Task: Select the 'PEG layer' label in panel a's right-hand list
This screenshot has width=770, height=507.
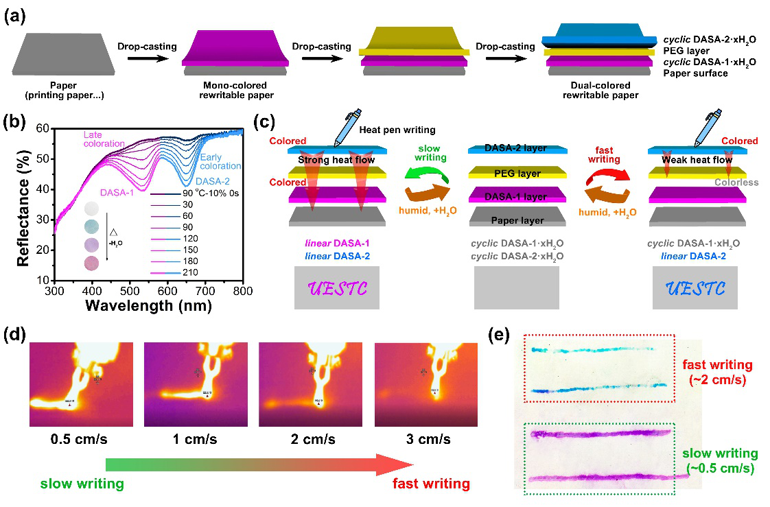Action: tap(688, 50)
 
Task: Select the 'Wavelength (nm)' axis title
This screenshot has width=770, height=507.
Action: tap(148, 306)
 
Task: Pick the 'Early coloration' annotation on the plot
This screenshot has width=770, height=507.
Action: tap(219, 161)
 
